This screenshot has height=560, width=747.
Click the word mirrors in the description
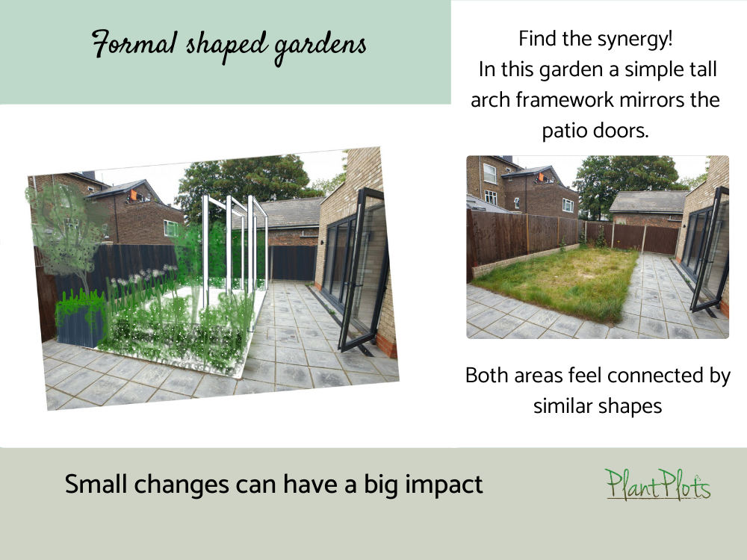(667, 100)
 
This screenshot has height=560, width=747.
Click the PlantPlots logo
(657, 485)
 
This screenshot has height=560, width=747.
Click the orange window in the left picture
(134, 196)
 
